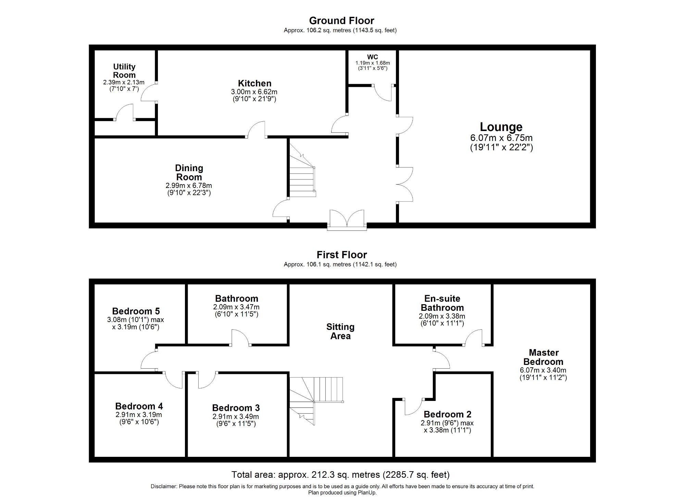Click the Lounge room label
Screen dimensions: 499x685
501,127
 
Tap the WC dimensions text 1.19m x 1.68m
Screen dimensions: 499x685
372,63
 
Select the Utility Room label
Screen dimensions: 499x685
124,71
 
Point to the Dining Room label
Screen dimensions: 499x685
189,173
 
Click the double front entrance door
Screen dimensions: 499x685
347,219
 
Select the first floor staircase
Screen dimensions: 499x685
315,398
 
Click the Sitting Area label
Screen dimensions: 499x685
340,331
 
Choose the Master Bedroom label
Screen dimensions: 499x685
543,357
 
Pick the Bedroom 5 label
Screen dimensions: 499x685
136,311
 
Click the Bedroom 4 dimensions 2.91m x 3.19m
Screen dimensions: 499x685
139,415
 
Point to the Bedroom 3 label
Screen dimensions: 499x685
236,408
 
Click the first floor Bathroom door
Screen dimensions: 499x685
240,337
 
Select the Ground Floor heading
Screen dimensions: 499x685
341,21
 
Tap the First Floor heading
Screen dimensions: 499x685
341,255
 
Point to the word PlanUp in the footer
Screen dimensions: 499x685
368,493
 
